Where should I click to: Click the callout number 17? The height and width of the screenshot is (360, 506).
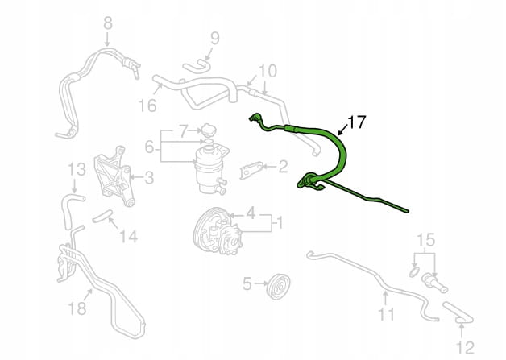coord(357,122)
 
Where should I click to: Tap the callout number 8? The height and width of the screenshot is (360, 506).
coord(108,23)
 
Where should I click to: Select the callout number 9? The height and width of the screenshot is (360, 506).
coord(215,39)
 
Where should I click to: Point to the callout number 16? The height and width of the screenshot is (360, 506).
coord(147,106)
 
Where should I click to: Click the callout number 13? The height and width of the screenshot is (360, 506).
coord(77,170)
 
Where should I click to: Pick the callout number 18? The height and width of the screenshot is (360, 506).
coord(77,308)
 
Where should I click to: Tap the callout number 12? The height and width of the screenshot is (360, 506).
coord(466,348)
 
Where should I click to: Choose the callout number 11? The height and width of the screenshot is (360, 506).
coord(386,314)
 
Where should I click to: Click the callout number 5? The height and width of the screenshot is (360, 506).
coord(247,283)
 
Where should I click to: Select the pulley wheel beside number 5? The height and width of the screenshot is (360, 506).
coord(279,287)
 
